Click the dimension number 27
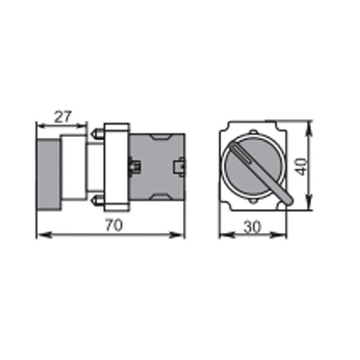63,117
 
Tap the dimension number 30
252,228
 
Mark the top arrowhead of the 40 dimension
308,127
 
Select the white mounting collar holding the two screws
116,166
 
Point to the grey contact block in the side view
157,166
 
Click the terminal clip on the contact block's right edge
181,166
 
